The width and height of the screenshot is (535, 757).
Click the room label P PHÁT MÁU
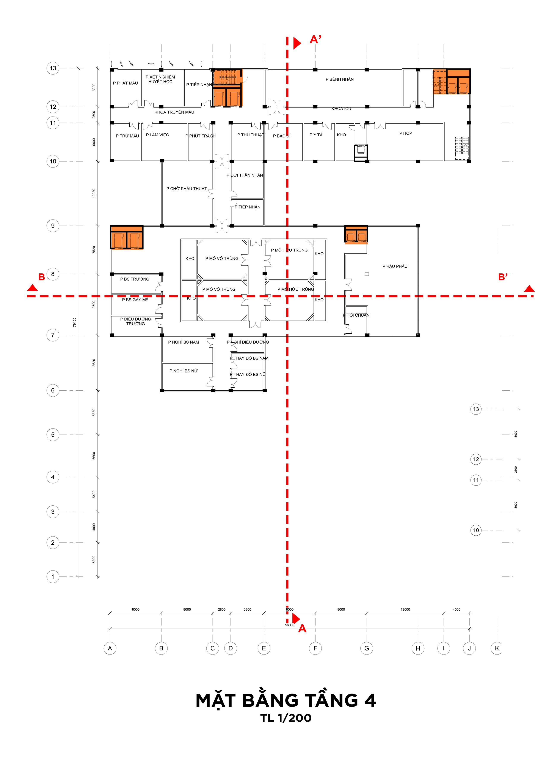pyautogui.click(x=125, y=83)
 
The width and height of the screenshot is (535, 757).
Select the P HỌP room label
pyautogui.click(x=406, y=133)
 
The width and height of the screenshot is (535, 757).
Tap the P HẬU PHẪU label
pyautogui.click(x=395, y=267)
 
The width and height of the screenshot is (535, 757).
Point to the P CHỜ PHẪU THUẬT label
pyautogui.click(x=187, y=189)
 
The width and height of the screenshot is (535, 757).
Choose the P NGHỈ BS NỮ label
pyautogui.click(x=184, y=371)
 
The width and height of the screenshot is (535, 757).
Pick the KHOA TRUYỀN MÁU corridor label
pyautogui.click(x=174, y=112)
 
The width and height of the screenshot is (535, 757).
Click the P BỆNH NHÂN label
pyautogui.click(x=339, y=79)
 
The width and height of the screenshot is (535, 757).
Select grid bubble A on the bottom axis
pyautogui.click(x=110, y=648)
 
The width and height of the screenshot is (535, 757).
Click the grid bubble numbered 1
pyautogui.click(x=53, y=577)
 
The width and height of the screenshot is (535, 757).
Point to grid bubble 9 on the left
pyautogui.click(x=53, y=226)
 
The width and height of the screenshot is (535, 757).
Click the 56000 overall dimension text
pyautogui.click(x=290, y=625)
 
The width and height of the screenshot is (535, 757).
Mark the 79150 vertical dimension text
pyautogui.click(x=74, y=322)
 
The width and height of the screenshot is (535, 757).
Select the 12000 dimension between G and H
pyautogui.click(x=405, y=609)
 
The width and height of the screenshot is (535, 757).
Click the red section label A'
pyautogui.click(x=315, y=39)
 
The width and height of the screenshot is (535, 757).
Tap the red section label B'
pyautogui.click(x=503, y=277)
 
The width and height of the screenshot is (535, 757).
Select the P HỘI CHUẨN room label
pyautogui.click(x=356, y=315)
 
